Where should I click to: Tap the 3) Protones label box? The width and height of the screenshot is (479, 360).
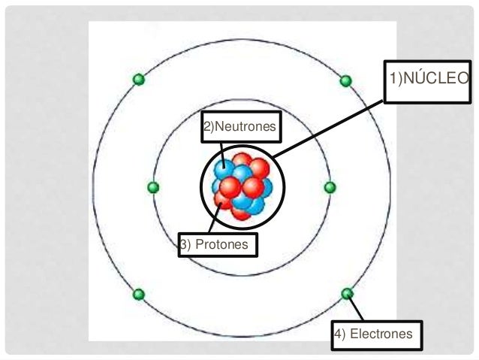click(x=218, y=245)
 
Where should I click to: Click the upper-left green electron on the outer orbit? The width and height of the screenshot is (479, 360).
click(x=137, y=79)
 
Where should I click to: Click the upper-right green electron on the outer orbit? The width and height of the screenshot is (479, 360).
click(x=345, y=80)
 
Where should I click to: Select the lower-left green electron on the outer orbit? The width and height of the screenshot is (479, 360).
click(x=138, y=293)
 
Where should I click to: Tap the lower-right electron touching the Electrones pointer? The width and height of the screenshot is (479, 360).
click(x=347, y=293)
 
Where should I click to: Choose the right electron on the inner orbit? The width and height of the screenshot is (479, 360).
click(x=330, y=186)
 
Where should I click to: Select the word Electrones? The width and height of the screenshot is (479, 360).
click(x=383, y=334)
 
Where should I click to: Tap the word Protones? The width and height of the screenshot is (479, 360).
click(x=224, y=245)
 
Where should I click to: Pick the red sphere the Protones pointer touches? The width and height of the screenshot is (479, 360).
click(x=224, y=198)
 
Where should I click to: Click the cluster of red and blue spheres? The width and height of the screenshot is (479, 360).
click(x=240, y=186)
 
